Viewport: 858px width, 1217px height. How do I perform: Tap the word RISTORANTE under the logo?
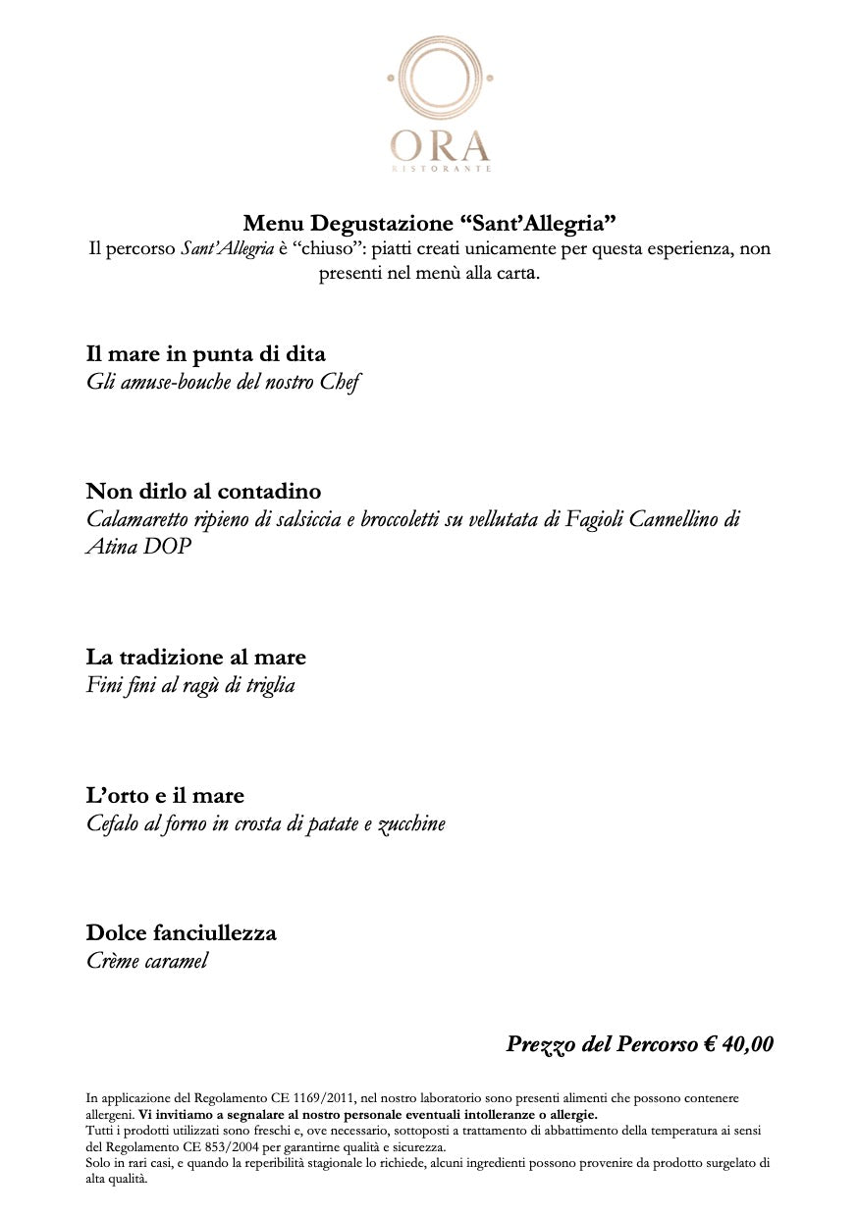[441, 169]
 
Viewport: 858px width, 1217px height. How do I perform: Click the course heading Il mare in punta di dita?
[205, 353]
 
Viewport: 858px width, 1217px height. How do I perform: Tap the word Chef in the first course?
[340, 382]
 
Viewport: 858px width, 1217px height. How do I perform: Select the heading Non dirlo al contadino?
[203, 491]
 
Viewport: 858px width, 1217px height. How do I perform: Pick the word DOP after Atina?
[167, 547]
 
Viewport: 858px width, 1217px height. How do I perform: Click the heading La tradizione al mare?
[196, 658]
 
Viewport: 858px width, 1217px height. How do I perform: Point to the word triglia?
[270, 686]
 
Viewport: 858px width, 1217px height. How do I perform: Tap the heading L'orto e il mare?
[165, 795]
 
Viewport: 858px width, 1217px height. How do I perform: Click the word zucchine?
[411, 823]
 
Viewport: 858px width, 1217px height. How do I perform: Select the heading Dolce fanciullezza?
[182, 932]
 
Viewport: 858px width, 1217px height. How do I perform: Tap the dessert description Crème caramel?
[147, 961]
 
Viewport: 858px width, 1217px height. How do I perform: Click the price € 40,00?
[738, 1044]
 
